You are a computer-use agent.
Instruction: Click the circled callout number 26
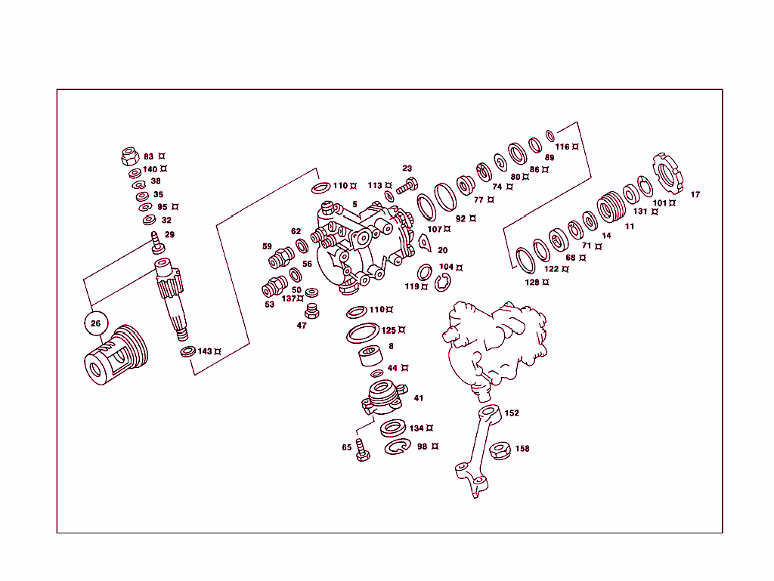click(x=95, y=323)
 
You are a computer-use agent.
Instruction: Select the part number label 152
click(x=512, y=413)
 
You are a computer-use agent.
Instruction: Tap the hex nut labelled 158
click(x=499, y=451)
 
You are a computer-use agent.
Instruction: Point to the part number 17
click(x=695, y=195)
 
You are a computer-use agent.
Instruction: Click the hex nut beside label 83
click(x=129, y=158)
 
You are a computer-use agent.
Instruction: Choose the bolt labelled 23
click(x=406, y=185)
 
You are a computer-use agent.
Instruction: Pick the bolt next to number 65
click(x=363, y=451)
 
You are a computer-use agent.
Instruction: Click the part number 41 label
click(x=418, y=398)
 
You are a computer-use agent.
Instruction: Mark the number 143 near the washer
click(x=205, y=351)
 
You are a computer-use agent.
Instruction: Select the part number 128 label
click(x=533, y=283)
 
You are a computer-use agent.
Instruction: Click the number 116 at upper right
click(x=562, y=147)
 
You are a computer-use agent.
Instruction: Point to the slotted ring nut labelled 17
click(x=666, y=172)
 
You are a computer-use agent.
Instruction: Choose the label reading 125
click(x=389, y=330)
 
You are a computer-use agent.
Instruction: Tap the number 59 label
click(x=267, y=246)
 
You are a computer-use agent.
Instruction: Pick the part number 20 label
click(x=442, y=251)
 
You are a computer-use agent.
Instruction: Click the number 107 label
click(x=434, y=229)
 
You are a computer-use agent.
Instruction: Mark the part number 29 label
click(x=169, y=235)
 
